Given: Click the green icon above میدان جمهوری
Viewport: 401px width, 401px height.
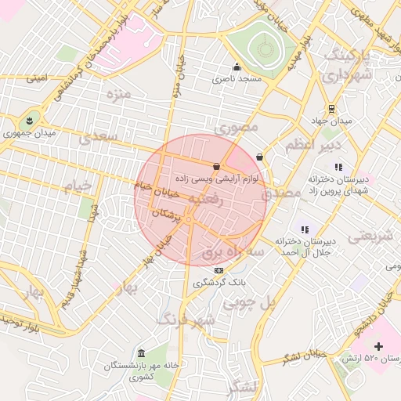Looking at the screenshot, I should [30, 120].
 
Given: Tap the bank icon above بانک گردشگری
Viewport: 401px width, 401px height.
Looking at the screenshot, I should [217, 269].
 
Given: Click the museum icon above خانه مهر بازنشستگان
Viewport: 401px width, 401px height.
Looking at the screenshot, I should [141, 353].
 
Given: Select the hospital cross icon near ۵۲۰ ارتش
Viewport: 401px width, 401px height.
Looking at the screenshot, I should [378, 345].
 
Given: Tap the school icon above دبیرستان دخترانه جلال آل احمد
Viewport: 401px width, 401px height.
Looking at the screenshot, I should [304, 229].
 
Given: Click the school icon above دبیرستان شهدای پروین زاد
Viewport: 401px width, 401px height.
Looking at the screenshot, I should [338, 166].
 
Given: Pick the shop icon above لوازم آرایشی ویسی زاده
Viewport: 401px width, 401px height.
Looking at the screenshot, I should [216, 165].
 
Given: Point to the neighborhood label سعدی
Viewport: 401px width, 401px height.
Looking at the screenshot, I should [98, 139].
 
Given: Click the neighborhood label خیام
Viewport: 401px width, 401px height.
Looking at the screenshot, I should [78, 184].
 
